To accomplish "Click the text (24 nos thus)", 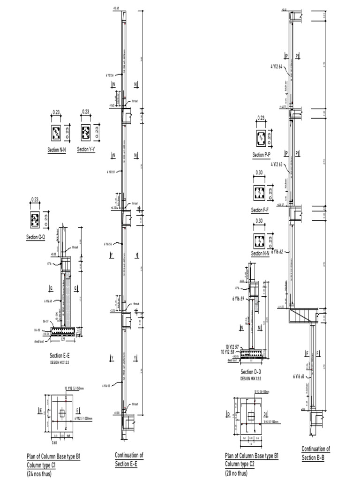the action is pyautogui.click(x=39, y=474).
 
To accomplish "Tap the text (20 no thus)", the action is pyautogui.click(x=236, y=473).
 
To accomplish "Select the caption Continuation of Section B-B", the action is pyautogui.click(x=315, y=453).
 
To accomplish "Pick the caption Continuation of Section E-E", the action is pyautogui.click(x=129, y=459).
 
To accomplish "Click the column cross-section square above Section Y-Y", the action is pyautogui.click(x=86, y=132).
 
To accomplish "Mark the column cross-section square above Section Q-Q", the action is pyautogui.click(x=35, y=218).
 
